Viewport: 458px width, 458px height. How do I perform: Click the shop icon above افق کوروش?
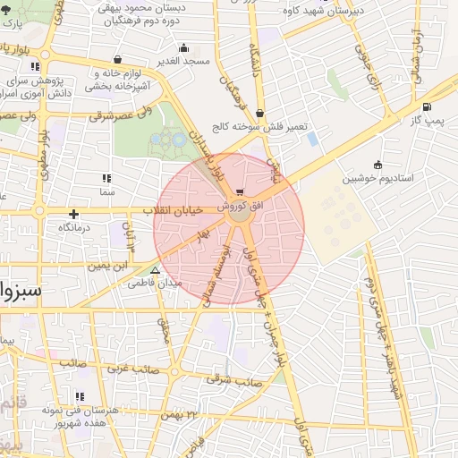[x=239, y=192]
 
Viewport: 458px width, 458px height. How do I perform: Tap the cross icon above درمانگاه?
[x=73, y=214]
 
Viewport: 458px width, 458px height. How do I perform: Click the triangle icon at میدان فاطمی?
[x=157, y=268]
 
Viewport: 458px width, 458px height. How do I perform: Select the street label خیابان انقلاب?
[x=173, y=210]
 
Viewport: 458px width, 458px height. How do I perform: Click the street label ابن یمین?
[x=107, y=266]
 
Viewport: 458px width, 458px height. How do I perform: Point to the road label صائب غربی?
[x=134, y=368]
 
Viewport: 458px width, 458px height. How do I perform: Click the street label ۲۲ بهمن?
[x=179, y=416]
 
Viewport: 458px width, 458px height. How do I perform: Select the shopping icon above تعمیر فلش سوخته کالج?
[x=259, y=113]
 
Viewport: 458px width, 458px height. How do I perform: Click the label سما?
[x=108, y=191]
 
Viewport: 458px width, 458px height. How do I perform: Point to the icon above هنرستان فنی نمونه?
[x=80, y=396]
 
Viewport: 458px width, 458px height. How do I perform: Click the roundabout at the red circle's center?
[x=239, y=216]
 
